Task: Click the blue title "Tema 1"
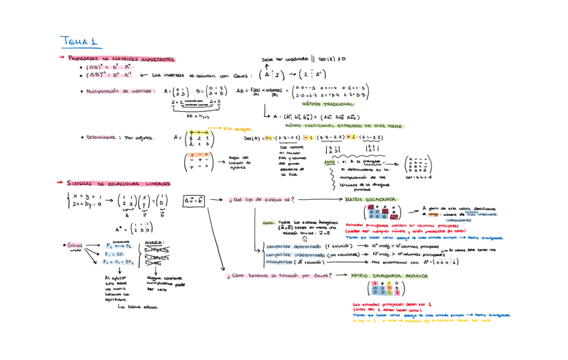tap(79, 42)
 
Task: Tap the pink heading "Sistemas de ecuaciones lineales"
tap(119, 182)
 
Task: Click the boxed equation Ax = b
tap(194, 200)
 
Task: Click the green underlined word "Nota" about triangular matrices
tap(330, 162)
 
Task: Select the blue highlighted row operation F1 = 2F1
tap(115, 255)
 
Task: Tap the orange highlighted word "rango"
tap(432, 213)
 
